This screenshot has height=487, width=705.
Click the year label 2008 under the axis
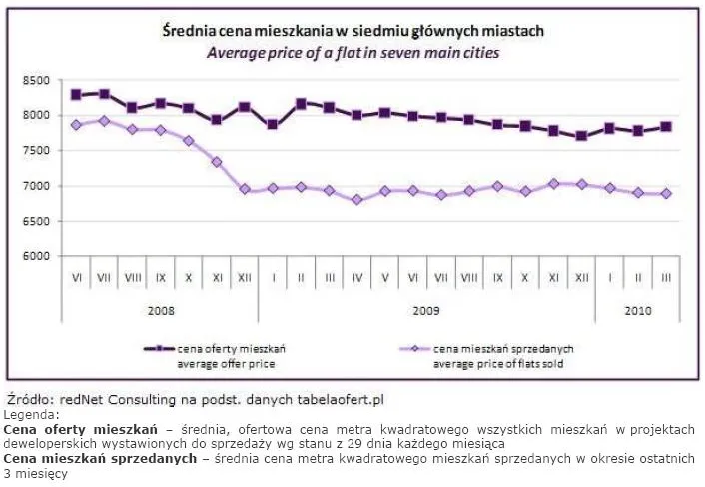pyautogui.click(x=160, y=310)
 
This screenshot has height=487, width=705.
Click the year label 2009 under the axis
pyautogui.click(x=426, y=310)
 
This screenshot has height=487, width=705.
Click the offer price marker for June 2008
pyautogui.click(x=76, y=95)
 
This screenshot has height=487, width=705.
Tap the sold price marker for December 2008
pyautogui.click(x=245, y=188)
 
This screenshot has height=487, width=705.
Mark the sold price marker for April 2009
pyautogui.click(x=356, y=200)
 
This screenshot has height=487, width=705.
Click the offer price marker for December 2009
pyautogui.click(x=581, y=136)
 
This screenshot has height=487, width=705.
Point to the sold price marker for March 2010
pyautogui.click(x=666, y=194)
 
